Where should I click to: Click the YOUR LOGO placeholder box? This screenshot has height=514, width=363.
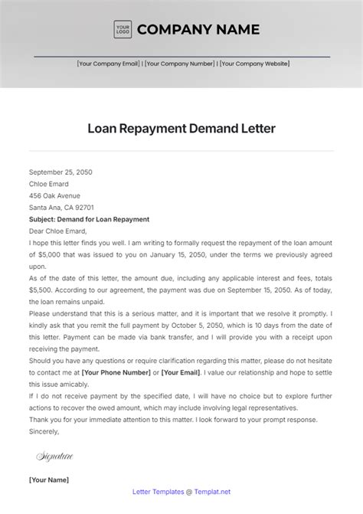(123, 30)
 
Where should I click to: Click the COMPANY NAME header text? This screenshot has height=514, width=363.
(198, 30)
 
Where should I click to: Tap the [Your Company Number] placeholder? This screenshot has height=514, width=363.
(180, 64)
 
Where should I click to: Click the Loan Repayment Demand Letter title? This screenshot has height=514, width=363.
(181, 129)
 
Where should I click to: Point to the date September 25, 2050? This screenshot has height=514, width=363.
(60, 172)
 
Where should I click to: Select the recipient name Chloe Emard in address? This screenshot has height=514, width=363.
(48, 184)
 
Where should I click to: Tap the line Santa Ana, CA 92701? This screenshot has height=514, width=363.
(61, 208)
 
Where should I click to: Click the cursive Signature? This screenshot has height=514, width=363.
(54, 457)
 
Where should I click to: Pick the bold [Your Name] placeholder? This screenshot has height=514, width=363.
(48, 480)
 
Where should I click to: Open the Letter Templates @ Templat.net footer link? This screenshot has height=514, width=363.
(181, 493)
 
